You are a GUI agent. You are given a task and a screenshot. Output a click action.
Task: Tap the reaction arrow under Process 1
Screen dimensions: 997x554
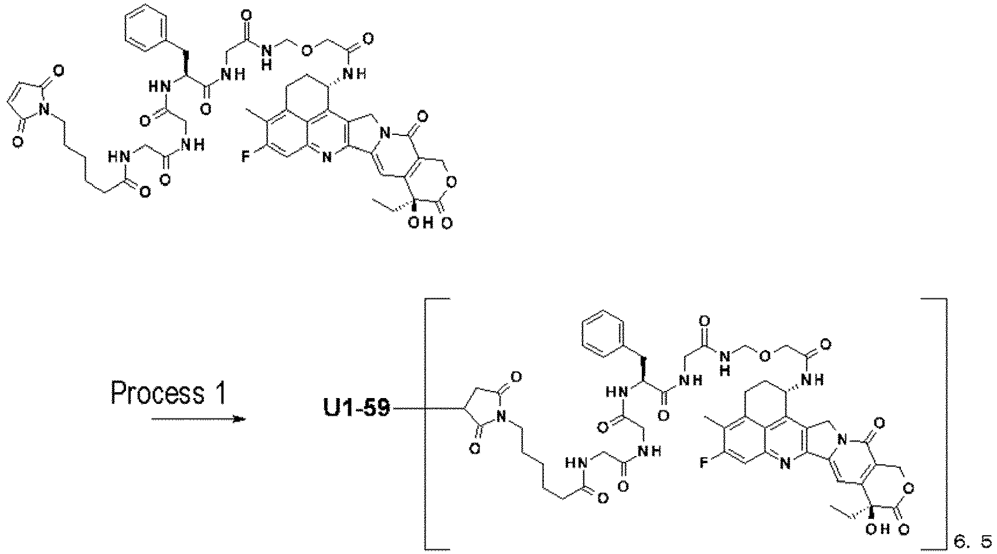pyautogui.click(x=199, y=419)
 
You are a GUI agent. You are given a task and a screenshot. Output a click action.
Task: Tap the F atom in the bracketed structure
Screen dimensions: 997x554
pyautogui.click(x=703, y=464)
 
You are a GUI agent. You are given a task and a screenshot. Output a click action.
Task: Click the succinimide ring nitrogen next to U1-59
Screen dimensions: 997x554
pyautogui.click(x=502, y=417)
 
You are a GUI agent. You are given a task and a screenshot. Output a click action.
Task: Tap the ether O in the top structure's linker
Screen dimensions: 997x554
pyautogui.click(x=306, y=51)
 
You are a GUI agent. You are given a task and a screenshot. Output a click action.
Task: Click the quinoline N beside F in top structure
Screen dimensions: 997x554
pyautogui.click(x=326, y=157)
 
